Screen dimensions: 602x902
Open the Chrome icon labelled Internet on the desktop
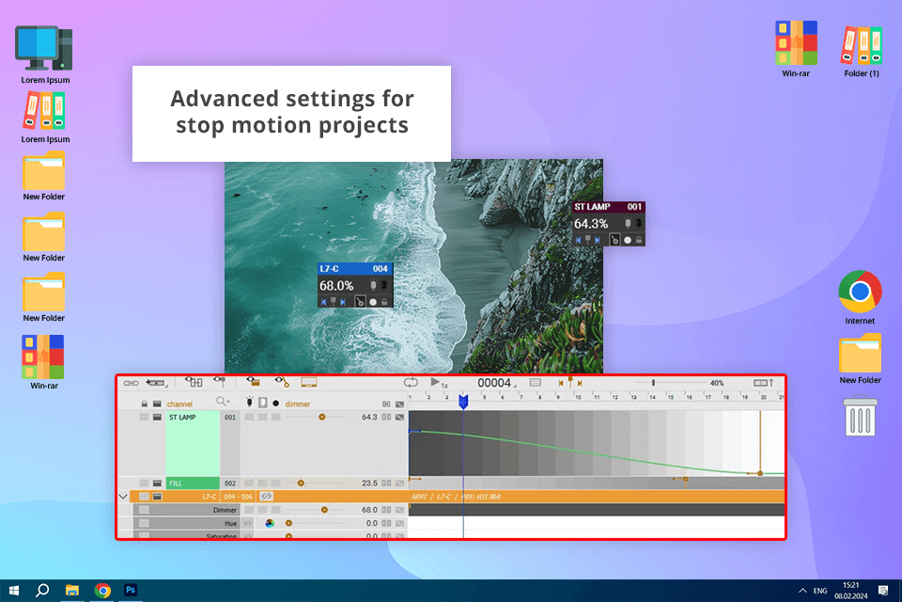click(860, 293)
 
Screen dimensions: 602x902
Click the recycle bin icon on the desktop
click(860, 417)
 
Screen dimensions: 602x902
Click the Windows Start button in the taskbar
click(13, 590)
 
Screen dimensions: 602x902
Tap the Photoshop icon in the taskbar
click(132, 590)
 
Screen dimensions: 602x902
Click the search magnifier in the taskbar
click(42, 590)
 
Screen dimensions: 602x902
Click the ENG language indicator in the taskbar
click(820, 591)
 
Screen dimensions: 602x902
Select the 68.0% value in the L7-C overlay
click(336, 285)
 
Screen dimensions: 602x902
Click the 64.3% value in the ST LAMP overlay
click(591, 224)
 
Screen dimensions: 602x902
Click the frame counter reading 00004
click(494, 383)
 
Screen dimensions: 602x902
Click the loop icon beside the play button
click(411, 383)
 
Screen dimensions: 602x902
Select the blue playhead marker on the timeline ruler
click(463, 402)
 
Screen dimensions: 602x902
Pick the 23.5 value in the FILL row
click(369, 483)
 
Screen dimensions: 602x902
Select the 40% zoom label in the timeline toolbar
click(716, 384)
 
